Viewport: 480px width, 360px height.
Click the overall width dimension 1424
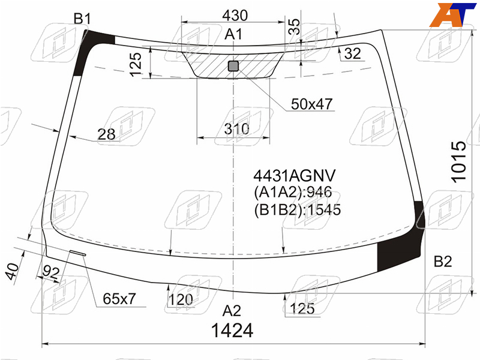232,331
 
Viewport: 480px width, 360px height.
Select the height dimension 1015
459,161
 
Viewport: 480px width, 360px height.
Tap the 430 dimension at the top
235,16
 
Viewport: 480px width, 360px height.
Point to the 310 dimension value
236,129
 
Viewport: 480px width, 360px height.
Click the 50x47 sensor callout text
311,104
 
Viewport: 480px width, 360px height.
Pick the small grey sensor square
233,66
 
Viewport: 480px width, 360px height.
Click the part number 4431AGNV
295,176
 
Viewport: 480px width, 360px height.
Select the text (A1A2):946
293,192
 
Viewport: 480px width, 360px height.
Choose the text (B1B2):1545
297,209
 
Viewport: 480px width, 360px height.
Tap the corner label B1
82,19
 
